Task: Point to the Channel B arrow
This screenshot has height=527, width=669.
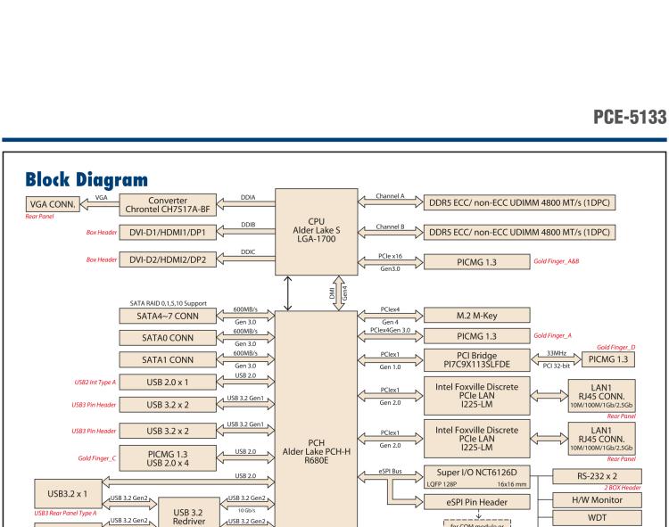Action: pos(390,231)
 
